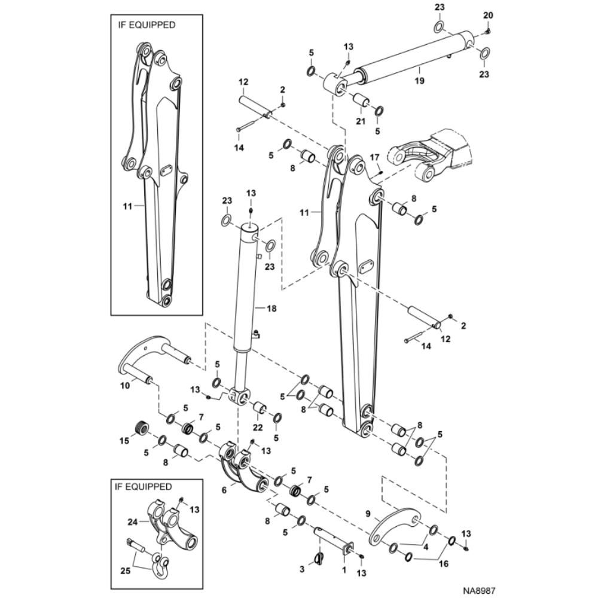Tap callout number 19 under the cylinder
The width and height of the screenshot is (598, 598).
click(420, 81)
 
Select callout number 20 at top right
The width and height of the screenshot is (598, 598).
click(488, 16)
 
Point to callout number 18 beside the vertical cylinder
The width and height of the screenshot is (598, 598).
click(271, 308)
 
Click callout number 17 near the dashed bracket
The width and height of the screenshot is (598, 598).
click(375, 157)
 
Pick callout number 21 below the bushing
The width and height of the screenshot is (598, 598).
click(361, 121)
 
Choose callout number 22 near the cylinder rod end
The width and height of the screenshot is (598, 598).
click(258, 428)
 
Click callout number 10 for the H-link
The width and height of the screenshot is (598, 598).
click(125, 386)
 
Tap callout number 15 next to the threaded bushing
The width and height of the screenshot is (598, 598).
click(125, 441)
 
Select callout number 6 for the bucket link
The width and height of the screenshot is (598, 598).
click(224, 490)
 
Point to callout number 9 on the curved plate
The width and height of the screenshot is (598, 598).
click(368, 514)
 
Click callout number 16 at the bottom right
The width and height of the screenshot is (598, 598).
click(444, 563)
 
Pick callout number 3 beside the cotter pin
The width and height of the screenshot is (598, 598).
click(302, 570)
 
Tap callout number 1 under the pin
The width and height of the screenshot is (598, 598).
click(344, 570)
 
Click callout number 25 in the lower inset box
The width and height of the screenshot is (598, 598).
click(126, 570)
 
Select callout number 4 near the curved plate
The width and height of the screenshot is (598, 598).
click(426, 547)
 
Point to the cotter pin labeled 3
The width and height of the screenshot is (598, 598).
click(319, 557)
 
